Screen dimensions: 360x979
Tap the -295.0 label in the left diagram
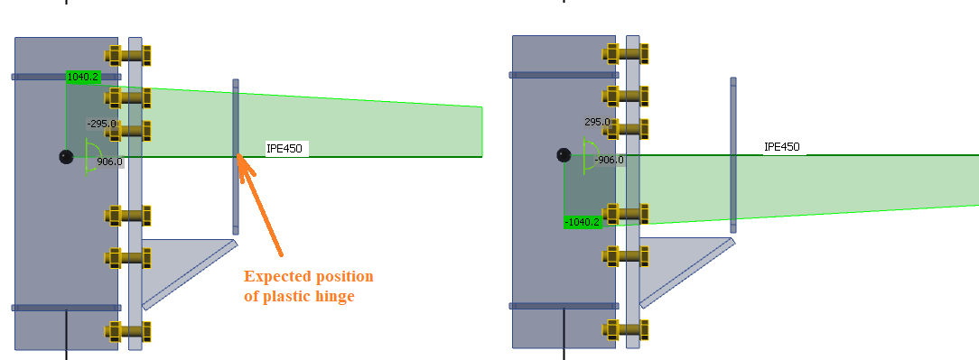click(101, 124)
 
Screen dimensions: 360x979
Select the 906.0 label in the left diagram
click(108, 162)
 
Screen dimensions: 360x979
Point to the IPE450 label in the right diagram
click(781, 147)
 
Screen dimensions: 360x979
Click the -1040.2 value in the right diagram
click(582, 222)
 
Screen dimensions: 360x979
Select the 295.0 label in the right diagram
click(597, 122)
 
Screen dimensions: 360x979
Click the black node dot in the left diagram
click(65, 157)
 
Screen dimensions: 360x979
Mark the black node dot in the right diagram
click(563, 155)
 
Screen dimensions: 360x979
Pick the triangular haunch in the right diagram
click(677, 262)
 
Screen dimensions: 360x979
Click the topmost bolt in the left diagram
click(127, 55)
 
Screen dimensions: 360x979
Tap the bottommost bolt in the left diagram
click(127, 329)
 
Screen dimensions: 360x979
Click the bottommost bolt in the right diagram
click(625, 328)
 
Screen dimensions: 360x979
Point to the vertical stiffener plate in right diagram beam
click(733, 155)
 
